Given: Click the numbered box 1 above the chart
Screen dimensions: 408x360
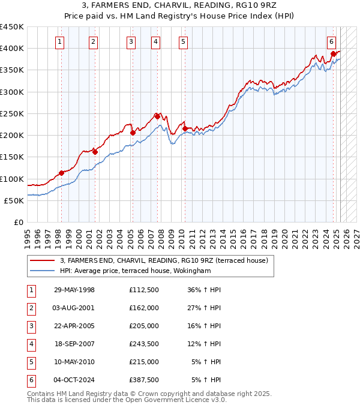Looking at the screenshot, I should point(61,41).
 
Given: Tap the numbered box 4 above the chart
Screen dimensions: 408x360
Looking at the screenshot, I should point(155,41).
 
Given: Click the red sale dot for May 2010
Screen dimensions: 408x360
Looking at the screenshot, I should point(185,128).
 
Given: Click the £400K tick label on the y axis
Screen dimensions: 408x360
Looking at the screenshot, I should point(12,48).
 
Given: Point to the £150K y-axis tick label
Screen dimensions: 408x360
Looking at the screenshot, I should point(12,157).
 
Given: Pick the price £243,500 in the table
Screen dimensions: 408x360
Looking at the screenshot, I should point(144,344).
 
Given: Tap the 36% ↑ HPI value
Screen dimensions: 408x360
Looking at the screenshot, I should point(205,290).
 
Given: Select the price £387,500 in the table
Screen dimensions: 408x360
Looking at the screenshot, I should point(144,380).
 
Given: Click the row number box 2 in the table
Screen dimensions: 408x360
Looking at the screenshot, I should point(31,308).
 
